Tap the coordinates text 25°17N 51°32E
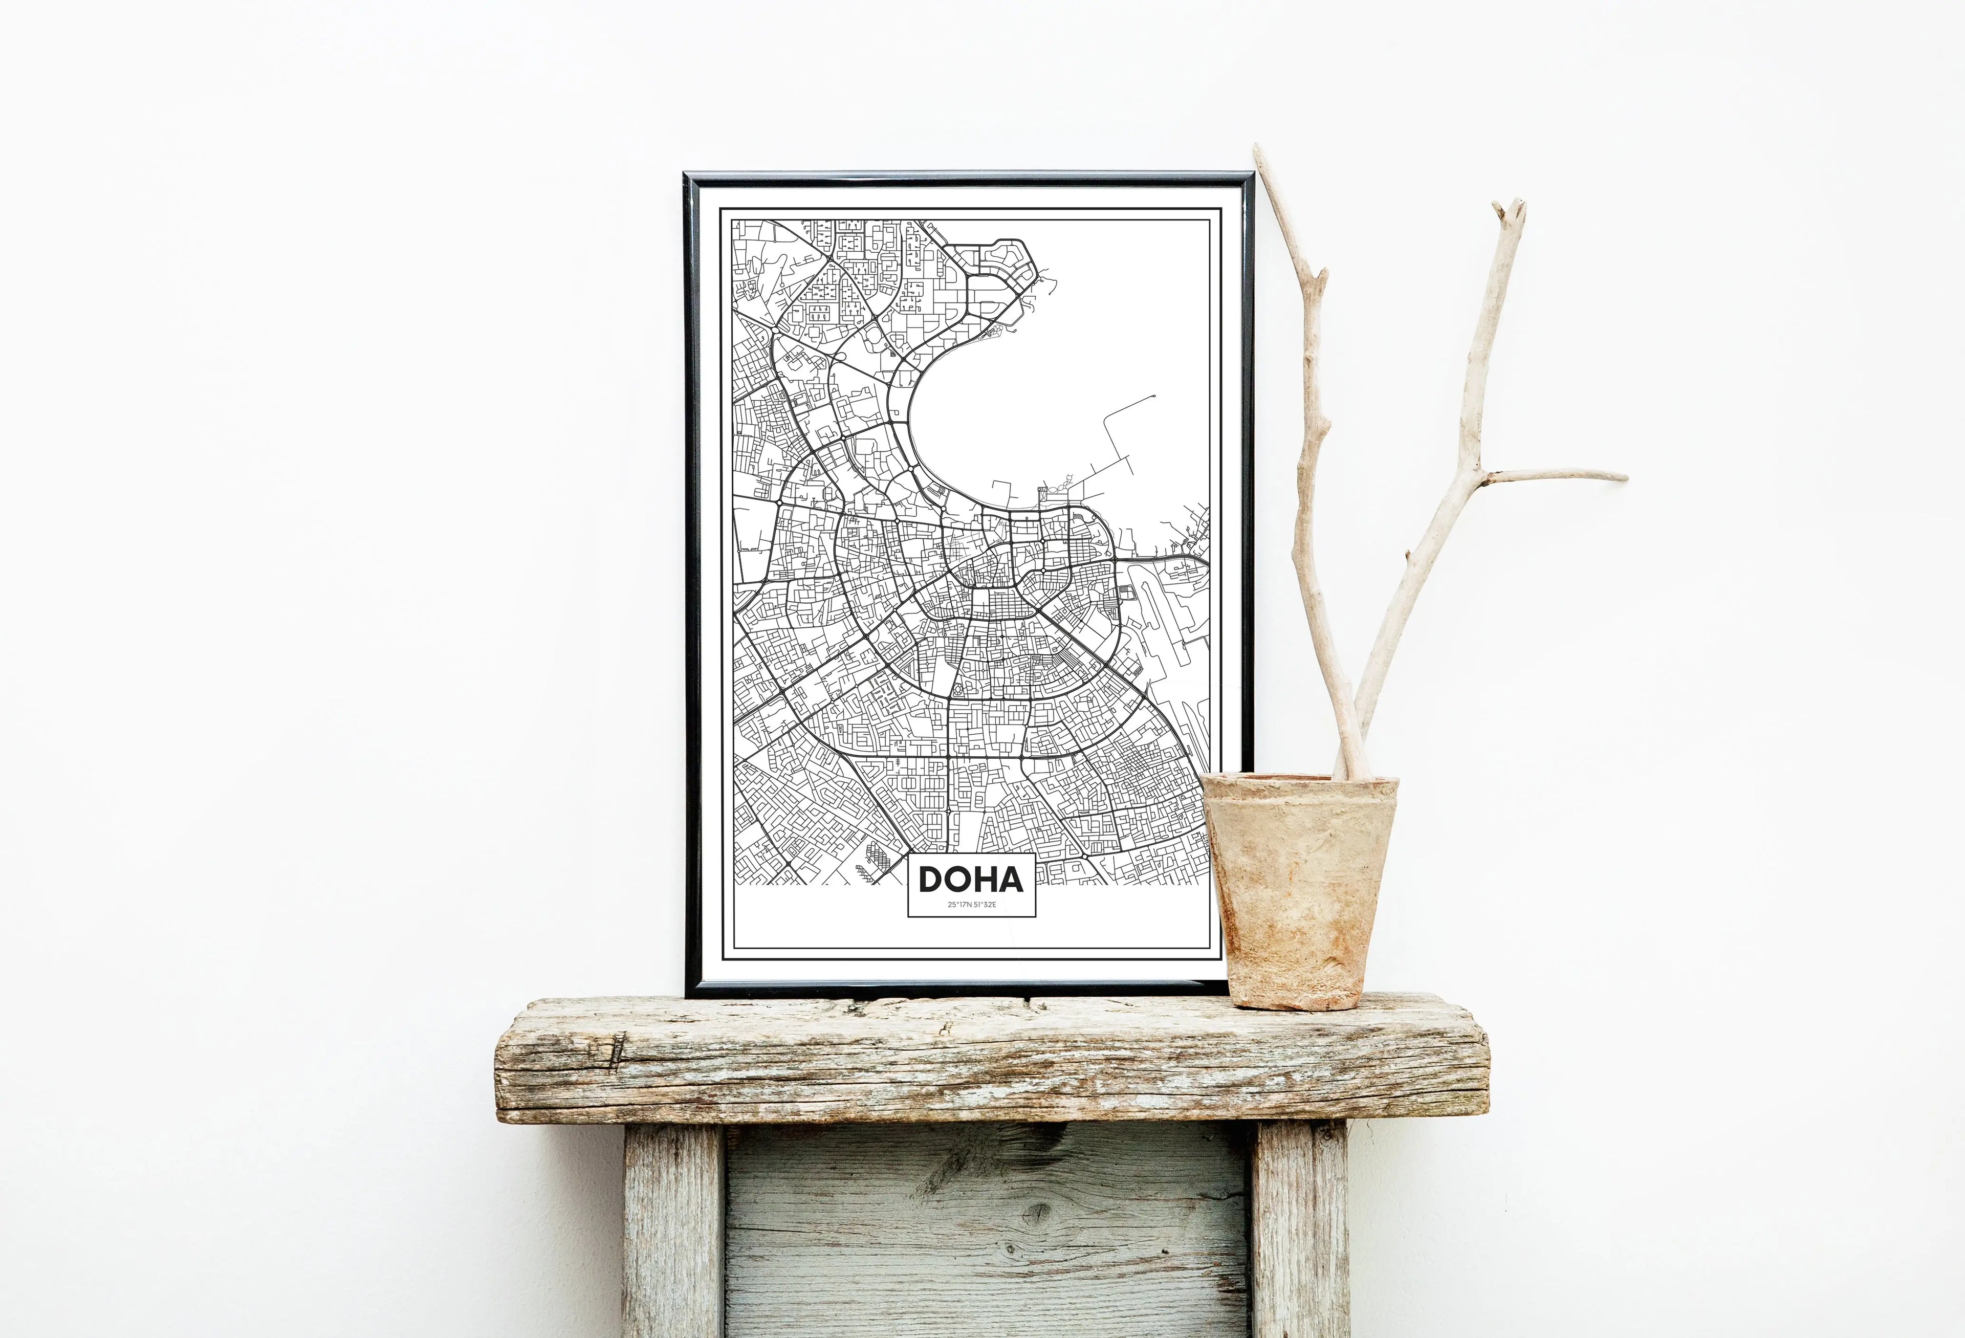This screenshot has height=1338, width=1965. [972, 905]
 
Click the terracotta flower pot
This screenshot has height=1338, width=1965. [1300, 896]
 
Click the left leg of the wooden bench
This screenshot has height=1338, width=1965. [672, 1230]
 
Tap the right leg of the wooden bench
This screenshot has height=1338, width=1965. [1300, 1230]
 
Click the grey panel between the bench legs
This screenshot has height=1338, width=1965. [987, 1234]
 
